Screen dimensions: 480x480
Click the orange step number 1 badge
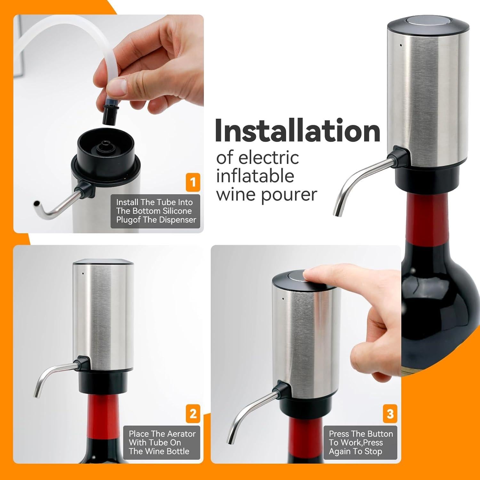pos(193,182)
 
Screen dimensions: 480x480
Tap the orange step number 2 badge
pos(193,413)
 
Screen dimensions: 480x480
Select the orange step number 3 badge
pos(390,413)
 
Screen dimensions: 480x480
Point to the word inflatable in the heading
pos(255,176)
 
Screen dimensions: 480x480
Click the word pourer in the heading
pos(289,195)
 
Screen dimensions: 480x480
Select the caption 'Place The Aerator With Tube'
pos(162,442)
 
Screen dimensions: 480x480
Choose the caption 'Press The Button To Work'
pos(360,442)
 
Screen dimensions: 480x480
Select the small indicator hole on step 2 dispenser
pos(83,274)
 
